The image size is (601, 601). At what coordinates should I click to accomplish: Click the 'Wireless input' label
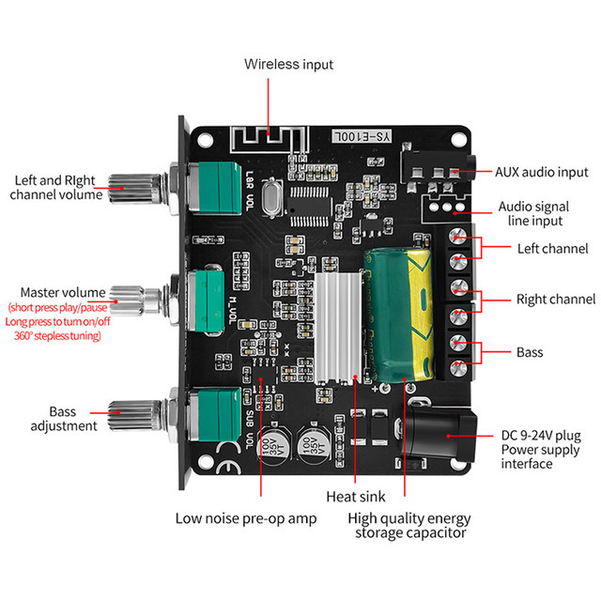click(x=288, y=65)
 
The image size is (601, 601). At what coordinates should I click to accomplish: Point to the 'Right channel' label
click(x=556, y=300)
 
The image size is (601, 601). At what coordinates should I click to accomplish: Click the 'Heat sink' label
click(x=354, y=497)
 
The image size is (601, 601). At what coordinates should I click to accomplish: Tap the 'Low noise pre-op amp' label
click(x=246, y=518)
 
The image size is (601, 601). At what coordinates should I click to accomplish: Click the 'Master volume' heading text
click(x=63, y=292)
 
